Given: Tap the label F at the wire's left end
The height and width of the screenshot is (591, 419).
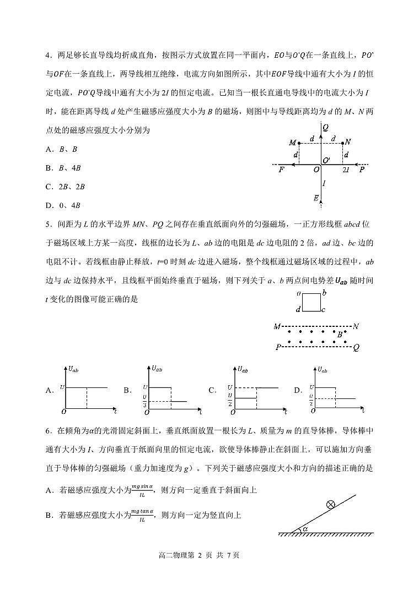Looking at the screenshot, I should pos(282,170).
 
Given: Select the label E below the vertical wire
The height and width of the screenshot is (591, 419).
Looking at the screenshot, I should pos(316,198).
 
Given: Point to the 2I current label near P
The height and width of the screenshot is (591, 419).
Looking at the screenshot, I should pos(346,170).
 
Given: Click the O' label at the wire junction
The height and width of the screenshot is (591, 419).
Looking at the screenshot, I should pos(326,160).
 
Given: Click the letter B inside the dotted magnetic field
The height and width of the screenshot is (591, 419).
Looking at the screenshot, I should pos(340,334).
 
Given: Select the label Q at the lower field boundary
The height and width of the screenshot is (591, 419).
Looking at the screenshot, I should pos(357,348).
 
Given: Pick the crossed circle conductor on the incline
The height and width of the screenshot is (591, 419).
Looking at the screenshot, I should pos(331,503).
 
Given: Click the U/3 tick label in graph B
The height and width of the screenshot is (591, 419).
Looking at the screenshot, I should pos(144,397).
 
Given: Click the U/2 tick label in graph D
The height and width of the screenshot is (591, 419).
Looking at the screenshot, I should pos(311,397).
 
